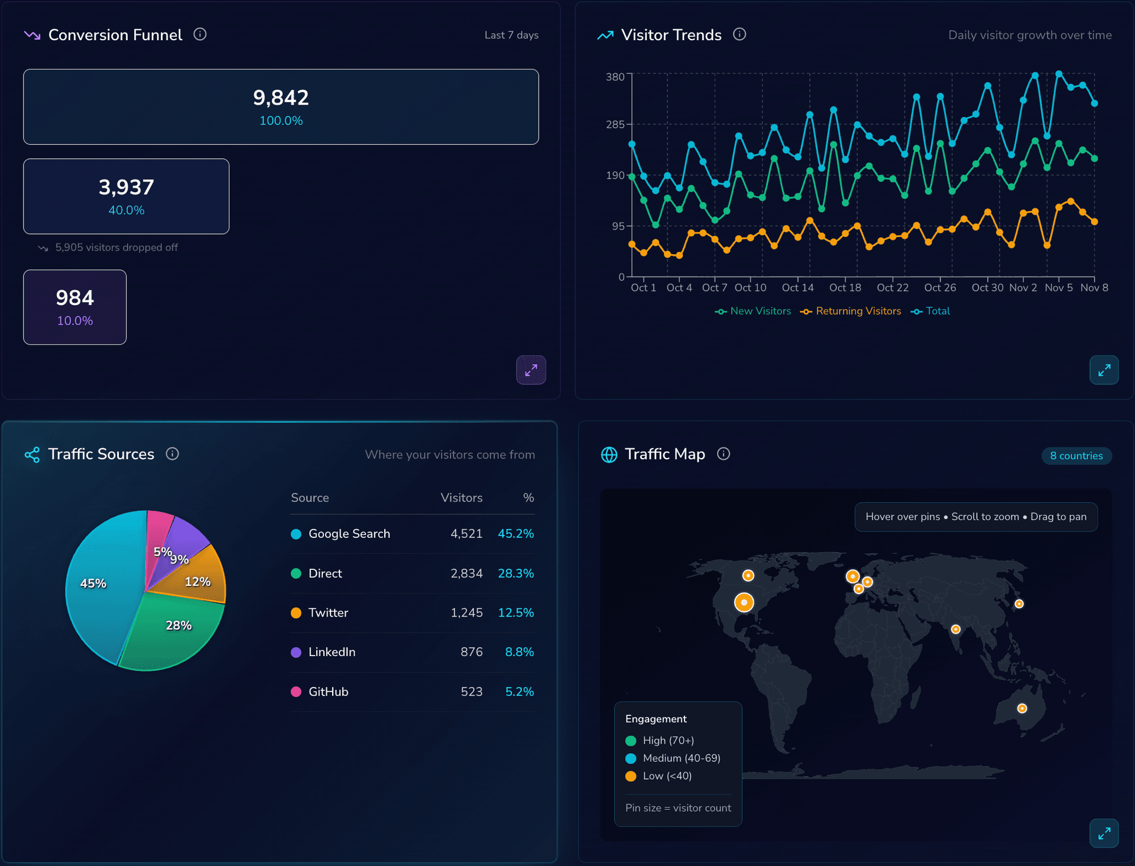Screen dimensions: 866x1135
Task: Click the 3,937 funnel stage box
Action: coord(126,196)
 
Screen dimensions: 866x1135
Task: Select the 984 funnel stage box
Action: coord(74,307)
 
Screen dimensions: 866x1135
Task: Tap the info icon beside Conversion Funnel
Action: coord(200,34)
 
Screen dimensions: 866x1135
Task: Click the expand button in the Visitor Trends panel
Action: coord(1104,370)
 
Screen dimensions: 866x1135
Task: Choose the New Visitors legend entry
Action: coord(753,311)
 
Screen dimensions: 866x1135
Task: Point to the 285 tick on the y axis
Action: coord(615,125)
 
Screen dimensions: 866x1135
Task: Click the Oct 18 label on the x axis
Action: coord(845,287)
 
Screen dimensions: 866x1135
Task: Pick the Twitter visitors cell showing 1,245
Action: coord(466,612)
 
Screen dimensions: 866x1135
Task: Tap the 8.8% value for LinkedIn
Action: coord(519,652)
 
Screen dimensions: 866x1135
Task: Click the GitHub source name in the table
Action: coord(328,692)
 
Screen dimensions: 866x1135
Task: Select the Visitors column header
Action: coord(461,498)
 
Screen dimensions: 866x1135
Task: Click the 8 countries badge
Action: coord(1076,456)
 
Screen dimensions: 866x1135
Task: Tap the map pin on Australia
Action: coord(1022,708)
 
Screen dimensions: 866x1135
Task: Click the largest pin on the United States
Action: coord(744,602)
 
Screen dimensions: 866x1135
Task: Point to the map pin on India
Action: coord(955,629)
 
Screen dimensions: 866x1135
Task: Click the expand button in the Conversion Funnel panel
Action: coord(531,370)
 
